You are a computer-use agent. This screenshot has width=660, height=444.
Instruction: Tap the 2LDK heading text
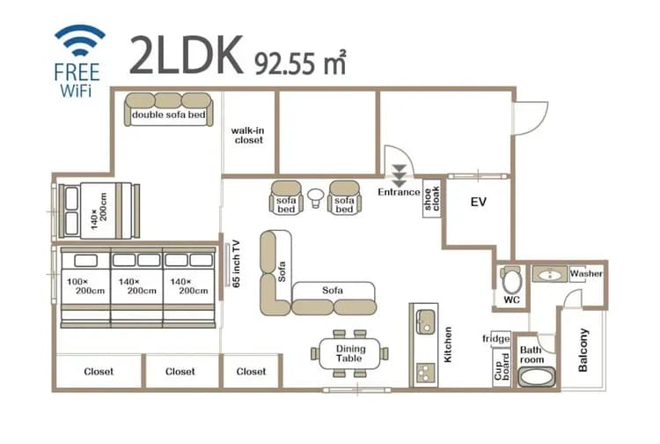[187, 55]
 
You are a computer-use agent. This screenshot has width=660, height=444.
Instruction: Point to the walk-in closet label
[248, 135]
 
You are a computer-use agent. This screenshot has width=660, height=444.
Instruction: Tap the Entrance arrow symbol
[400, 174]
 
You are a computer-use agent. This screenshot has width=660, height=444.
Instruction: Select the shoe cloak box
[431, 202]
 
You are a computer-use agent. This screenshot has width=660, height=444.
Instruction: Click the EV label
[479, 203]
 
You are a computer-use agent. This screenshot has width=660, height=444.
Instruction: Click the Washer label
[586, 274]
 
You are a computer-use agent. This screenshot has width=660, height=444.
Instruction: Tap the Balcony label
[583, 350]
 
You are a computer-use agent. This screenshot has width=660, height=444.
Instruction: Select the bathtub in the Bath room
[537, 377]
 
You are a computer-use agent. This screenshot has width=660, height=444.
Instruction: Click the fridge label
[496, 338]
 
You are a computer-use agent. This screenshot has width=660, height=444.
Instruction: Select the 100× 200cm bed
[85, 286]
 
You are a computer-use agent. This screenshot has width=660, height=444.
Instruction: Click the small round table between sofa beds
[315, 195]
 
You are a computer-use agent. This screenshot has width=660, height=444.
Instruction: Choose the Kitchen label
[447, 346]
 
